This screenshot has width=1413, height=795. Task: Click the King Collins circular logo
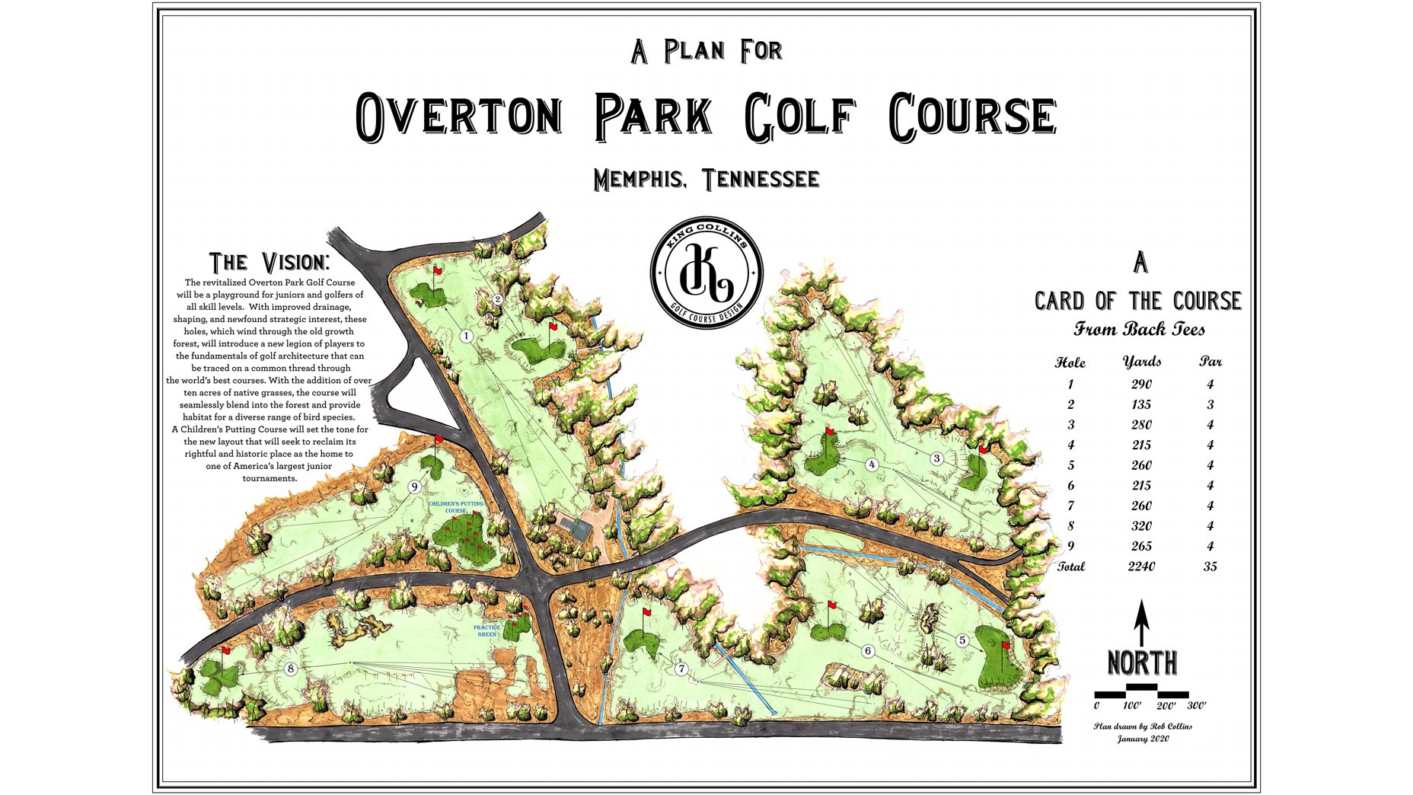click(x=706, y=275)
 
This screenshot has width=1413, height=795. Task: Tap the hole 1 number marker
click(x=467, y=336)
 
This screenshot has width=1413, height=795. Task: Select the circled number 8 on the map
click(x=290, y=669)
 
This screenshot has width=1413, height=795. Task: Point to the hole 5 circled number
click(x=962, y=640)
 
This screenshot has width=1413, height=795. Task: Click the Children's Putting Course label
click(x=456, y=507)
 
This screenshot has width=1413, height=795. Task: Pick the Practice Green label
click(x=487, y=631)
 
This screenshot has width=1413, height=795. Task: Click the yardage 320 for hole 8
click(x=1141, y=525)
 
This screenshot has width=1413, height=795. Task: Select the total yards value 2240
click(x=1141, y=566)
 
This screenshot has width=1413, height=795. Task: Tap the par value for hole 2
click(x=1210, y=404)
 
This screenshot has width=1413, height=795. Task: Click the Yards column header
click(x=1141, y=361)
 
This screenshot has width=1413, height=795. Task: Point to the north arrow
click(x=1141, y=621)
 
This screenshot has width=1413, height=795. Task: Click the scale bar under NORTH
click(x=1140, y=691)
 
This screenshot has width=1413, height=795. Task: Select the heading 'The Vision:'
click(x=270, y=262)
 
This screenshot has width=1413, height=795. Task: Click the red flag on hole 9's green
click(x=439, y=439)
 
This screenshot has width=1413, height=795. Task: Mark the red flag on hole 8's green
click(x=226, y=651)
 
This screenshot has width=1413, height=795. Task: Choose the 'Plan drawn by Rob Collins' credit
click(x=1142, y=726)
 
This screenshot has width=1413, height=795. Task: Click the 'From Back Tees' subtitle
click(x=1139, y=329)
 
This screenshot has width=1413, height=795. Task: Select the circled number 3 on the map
click(x=937, y=458)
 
